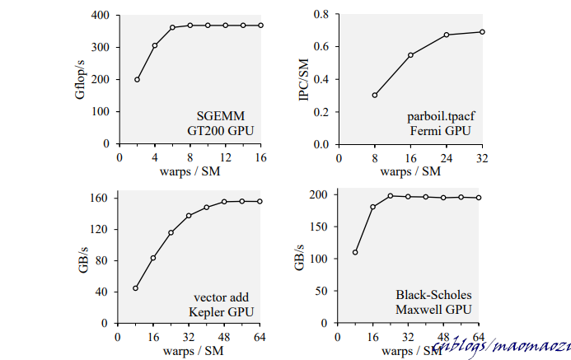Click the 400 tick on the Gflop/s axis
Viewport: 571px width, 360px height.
[x=101, y=15]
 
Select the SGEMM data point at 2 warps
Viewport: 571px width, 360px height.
[x=137, y=80]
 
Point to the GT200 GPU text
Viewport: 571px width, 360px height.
[x=220, y=129]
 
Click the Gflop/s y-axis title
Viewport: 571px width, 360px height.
[x=80, y=79]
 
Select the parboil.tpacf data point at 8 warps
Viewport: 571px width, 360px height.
[x=375, y=95]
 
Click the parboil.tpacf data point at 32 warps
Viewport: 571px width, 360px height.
[x=482, y=32]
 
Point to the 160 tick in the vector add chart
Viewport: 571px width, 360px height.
[x=99, y=199]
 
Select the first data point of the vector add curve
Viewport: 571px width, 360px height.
[x=135, y=288]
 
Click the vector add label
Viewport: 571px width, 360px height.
[x=222, y=297]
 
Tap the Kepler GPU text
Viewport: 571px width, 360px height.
[x=220, y=312]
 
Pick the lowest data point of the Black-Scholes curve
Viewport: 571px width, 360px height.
[x=355, y=252]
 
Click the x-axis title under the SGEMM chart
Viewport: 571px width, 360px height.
[x=191, y=171]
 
